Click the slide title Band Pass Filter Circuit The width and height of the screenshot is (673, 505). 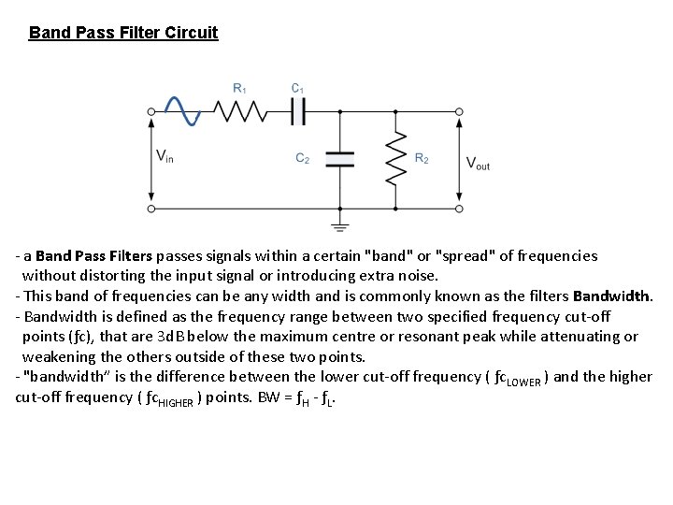pos(123,34)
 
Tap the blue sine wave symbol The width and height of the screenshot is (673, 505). pos(181,110)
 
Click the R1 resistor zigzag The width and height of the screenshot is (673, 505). pos(240,112)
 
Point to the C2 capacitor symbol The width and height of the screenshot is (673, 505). pos(338,158)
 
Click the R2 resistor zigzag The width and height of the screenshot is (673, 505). pos(396,158)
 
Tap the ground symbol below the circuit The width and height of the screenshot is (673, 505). pos(339,225)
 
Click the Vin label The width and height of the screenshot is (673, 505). pos(165,156)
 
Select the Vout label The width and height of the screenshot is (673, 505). pos(478,163)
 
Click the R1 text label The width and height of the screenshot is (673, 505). pos(239,89)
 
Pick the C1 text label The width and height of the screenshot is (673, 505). pos(298,89)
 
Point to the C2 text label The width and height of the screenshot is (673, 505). pos(303,159)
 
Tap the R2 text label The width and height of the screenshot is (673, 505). pos(422,159)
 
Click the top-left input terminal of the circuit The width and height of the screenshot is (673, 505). pos(151,112)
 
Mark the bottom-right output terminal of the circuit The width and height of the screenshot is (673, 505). pos(459,208)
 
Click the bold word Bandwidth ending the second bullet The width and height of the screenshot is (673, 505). pos(611,296)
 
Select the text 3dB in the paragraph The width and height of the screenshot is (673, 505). pos(226,337)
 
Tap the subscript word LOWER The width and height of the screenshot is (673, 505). pos(525,379)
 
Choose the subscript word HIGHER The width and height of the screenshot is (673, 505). pos(175,400)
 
